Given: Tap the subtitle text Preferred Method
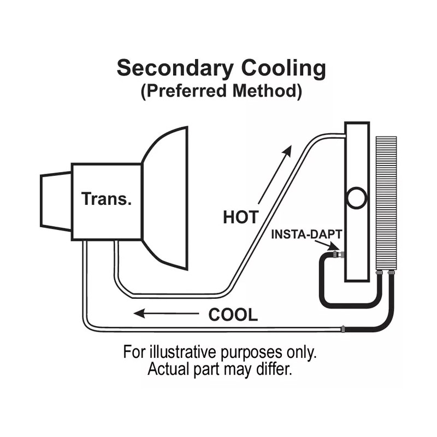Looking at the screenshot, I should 221,91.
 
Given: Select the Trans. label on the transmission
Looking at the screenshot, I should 107,198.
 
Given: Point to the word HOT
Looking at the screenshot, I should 240,217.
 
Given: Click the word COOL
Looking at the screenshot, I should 233,315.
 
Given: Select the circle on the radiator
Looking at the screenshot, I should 357,198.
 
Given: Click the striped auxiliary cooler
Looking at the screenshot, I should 386,202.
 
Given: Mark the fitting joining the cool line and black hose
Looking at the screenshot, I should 342,329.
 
